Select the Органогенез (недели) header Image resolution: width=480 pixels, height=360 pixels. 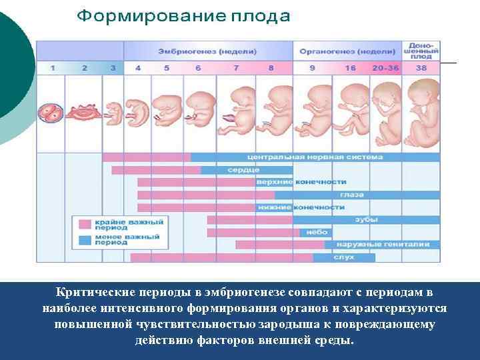[347, 51]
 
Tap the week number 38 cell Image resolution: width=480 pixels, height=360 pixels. [421, 68]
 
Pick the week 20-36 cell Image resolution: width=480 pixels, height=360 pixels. [387, 68]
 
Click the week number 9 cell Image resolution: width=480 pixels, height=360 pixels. [313, 68]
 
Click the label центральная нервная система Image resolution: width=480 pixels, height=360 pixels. [315, 157]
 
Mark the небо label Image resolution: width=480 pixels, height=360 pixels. [316, 232]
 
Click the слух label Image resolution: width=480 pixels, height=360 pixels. [344, 257]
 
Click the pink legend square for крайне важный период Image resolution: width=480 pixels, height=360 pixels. [85, 224]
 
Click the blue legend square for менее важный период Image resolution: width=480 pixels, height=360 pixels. [85, 239]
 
